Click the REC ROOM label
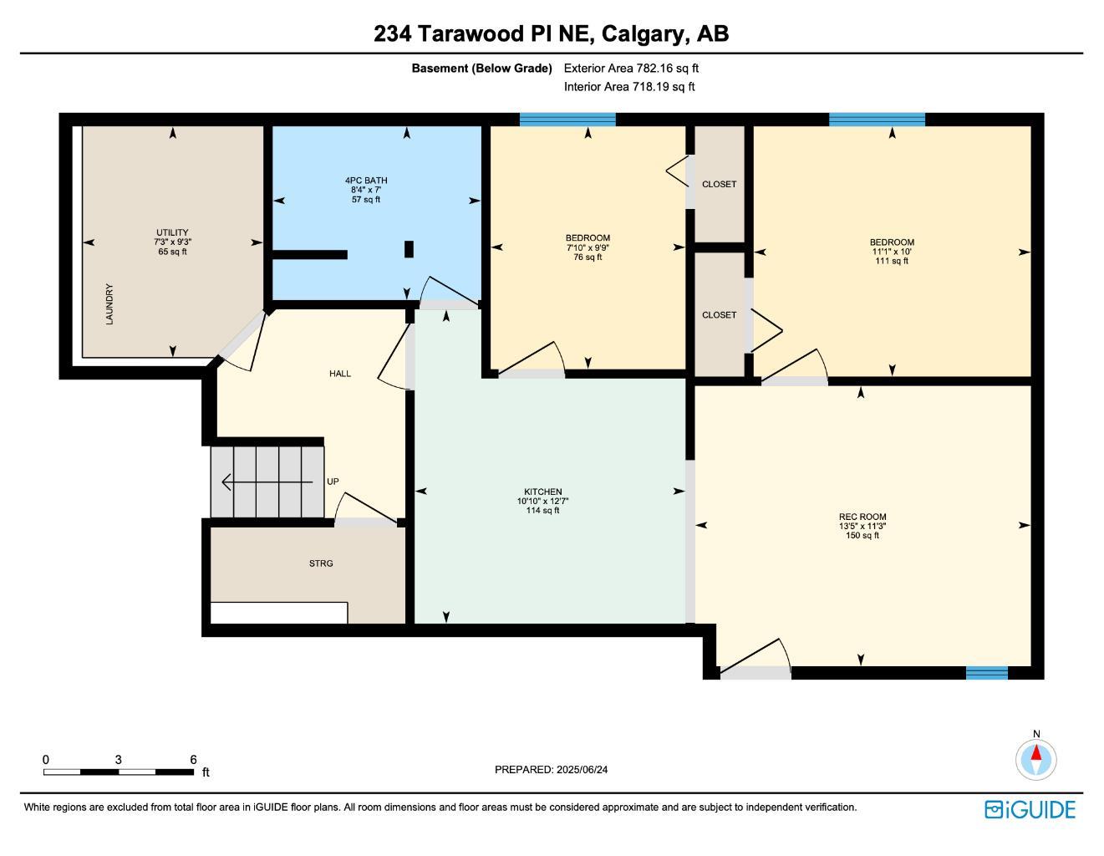(862, 517)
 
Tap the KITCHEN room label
(542, 492)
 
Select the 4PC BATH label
(366, 181)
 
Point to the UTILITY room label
(172, 232)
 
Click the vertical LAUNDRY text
(109, 304)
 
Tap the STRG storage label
(321, 563)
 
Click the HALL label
(340, 374)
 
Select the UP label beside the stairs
(333, 481)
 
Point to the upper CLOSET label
(719, 184)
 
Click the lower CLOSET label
(719, 315)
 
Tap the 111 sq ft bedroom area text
(892, 261)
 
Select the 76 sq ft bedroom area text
(588, 257)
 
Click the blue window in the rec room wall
(986, 673)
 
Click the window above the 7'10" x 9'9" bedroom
(567, 120)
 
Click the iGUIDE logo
(1030, 809)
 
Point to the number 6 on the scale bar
(193, 759)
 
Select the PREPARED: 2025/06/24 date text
(552, 769)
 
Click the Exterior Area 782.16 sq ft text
(631, 69)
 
